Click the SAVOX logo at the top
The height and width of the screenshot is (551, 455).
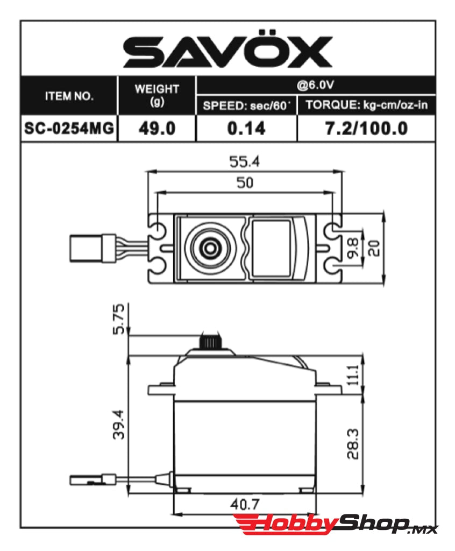[228, 52]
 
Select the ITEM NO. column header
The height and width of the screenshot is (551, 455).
[68, 96]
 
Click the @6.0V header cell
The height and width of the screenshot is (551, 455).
[316, 84]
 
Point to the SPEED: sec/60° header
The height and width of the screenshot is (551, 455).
[246, 105]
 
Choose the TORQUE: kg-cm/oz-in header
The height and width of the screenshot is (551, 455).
[366, 105]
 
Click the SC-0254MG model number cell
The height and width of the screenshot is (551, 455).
[69, 129]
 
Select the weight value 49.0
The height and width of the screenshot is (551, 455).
[157, 129]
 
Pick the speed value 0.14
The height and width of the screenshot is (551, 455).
[246, 129]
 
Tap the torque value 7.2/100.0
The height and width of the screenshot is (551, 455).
[366, 129]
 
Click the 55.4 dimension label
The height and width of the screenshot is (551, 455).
[245, 161]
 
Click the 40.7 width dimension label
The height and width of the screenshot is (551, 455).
[245, 504]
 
